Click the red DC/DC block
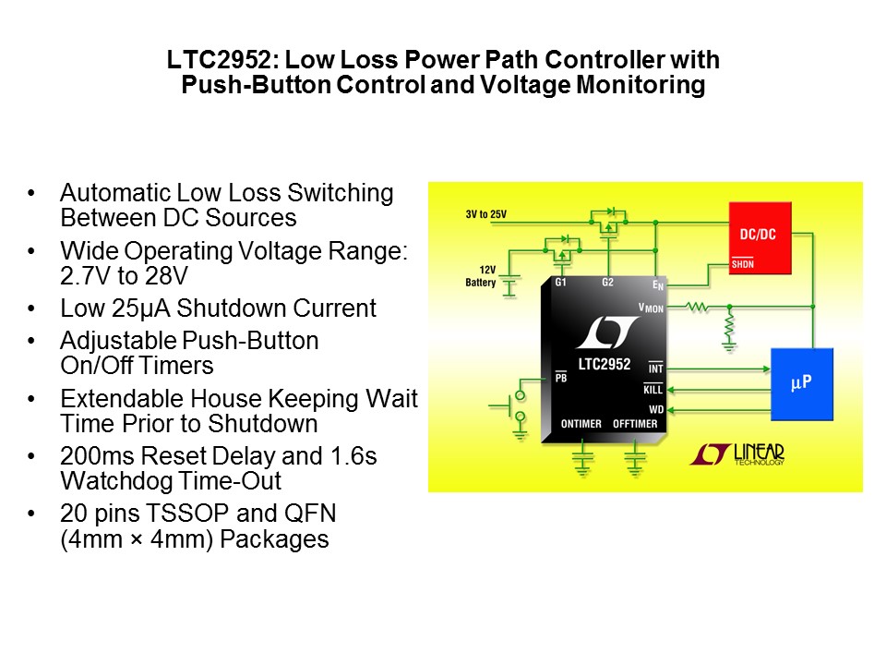760,237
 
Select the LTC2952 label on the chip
604,364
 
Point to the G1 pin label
559,282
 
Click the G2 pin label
606,282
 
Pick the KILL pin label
653,390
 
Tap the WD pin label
655,408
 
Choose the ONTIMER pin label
581,424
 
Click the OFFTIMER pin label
635,424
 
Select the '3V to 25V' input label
485,215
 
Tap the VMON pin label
651,307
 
